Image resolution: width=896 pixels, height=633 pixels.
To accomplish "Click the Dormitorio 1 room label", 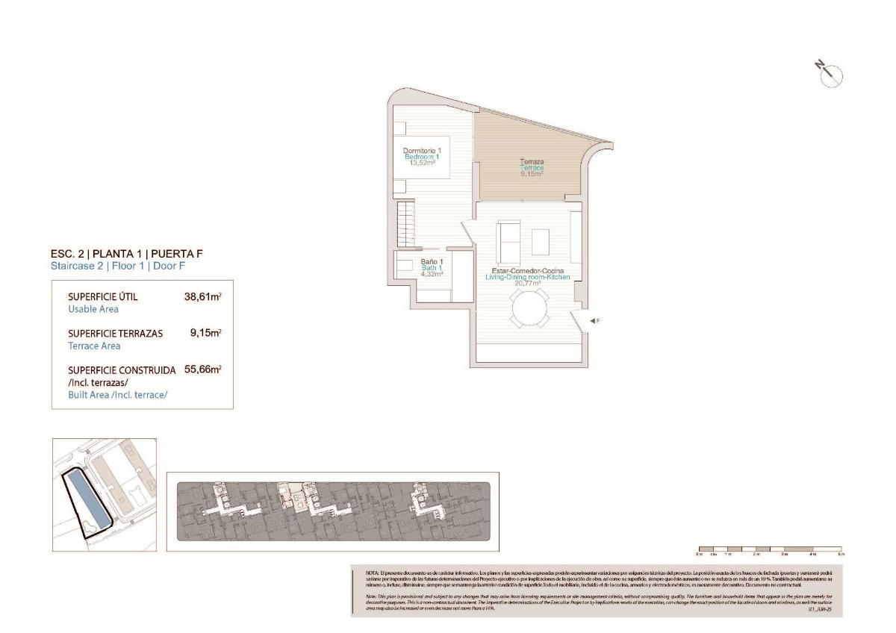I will [422, 151].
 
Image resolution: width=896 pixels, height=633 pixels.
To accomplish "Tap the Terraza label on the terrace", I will [531, 162].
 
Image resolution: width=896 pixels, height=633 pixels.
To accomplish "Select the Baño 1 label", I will [432, 261].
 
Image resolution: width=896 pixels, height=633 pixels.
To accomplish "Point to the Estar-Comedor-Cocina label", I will [527, 270].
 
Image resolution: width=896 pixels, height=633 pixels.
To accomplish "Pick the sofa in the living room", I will [508, 238].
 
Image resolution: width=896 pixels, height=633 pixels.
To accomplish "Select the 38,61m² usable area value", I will [202, 296].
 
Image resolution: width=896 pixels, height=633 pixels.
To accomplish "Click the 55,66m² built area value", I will [202, 369].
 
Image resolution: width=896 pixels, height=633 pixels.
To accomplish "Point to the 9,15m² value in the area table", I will [205, 333].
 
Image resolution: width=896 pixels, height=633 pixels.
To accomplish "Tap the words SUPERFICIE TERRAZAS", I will [115, 334].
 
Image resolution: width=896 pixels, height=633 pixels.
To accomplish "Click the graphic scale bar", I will [769, 549].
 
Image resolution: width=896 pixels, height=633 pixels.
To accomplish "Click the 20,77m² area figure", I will [527, 284].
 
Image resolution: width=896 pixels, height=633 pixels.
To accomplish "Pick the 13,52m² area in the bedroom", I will [422, 163].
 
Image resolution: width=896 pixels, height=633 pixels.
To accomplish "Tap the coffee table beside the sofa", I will [541, 241].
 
